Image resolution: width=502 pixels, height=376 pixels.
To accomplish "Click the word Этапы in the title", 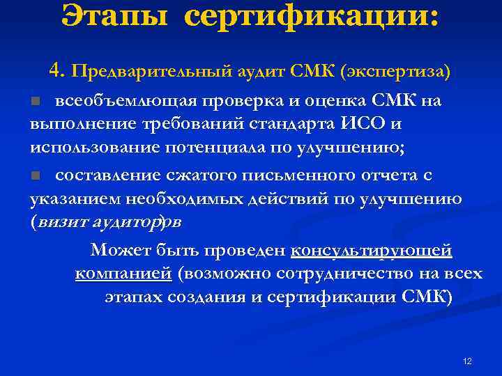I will (x=115, y=16).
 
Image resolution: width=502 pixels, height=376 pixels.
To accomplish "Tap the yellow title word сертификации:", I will (x=312, y=16).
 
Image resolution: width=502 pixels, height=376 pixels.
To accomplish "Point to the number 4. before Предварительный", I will (x=58, y=70).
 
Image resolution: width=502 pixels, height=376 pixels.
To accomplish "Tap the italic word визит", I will (x=59, y=221).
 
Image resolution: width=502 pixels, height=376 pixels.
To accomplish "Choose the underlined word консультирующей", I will (x=371, y=250).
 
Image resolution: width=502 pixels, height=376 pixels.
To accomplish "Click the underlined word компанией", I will (x=123, y=274).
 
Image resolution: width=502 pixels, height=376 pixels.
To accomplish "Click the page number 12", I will (x=467, y=361).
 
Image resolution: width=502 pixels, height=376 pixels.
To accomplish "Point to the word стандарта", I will (x=303, y=125).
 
